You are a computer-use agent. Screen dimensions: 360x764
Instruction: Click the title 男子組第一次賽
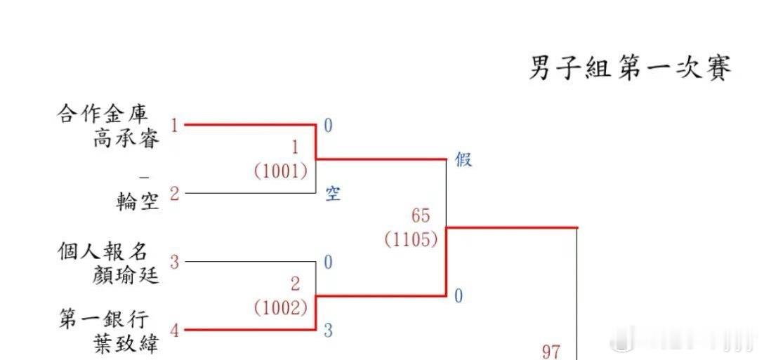(x=630, y=69)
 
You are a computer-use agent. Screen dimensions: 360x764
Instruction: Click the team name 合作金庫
(x=108, y=114)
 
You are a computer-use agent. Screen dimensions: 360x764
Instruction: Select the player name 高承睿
(x=126, y=138)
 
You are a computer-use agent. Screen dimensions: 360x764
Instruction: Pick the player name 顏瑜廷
(x=126, y=275)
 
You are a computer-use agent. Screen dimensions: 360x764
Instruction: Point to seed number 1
(x=174, y=126)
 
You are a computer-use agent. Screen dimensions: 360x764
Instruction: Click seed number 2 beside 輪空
(x=174, y=194)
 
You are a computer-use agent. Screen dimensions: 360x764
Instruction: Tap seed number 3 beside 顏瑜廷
(x=174, y=262)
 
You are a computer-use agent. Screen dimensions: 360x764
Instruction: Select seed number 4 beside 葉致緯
(x=174, y=330)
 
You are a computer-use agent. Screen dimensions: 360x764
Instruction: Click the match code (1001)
(x=280, y=171)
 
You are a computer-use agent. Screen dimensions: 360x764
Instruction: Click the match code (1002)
(x=280, y=307)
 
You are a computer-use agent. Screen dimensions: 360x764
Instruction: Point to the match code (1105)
(x=411, y=239)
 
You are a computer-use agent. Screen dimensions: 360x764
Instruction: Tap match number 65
(x=421, y=215)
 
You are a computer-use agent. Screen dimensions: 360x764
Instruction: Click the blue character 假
(x=463, y=160)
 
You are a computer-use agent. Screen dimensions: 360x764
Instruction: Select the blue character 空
(x=332, y=194)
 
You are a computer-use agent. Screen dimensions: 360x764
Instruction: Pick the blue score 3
(x=328, y=331)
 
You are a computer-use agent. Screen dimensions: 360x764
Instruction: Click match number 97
(x=551, y=351)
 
